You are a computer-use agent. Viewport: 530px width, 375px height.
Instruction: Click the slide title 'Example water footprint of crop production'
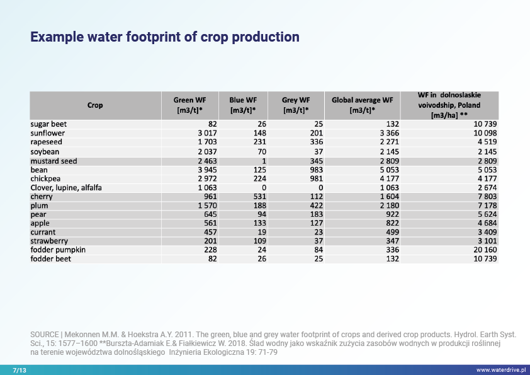(x=165, y=37)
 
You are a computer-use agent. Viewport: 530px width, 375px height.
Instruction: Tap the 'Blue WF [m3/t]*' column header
(x=243, y=105)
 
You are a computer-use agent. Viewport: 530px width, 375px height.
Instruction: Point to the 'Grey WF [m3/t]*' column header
(x=296, y=105)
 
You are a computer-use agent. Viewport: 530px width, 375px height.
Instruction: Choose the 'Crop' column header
(x=95, y=105)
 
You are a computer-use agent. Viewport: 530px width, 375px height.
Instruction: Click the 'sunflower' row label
(x=48, y=134)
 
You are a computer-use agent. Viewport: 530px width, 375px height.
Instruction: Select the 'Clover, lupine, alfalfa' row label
(x=66, y=188)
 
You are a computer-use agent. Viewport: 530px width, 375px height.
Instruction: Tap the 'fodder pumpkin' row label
(x=58, y=250)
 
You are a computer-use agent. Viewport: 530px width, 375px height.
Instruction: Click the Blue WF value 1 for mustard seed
(x=264, y=161)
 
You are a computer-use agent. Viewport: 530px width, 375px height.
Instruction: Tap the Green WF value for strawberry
(x=210, y=241)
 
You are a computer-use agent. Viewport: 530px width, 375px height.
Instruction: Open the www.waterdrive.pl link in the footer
(x=500, y=369)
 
